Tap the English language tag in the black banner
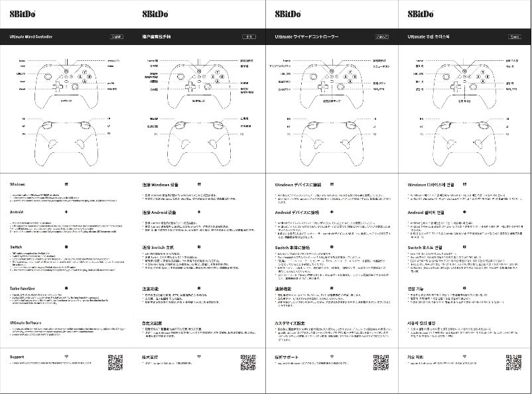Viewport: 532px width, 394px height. coord(116,38)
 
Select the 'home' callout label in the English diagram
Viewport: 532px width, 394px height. coord(22,60)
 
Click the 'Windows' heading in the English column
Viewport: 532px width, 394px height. coord(18,184)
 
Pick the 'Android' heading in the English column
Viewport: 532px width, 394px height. coord(18,213)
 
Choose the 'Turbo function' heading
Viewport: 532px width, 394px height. coord(23,289)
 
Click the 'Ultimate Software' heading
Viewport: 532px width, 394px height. coord(26,322)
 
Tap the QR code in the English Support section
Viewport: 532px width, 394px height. coord(115,362)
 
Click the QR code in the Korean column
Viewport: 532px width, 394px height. coord(513,362)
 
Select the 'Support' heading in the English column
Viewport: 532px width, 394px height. coord(18,356)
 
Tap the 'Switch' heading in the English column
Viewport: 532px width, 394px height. coord(17,246)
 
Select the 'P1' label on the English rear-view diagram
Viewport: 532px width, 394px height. coord(23,134)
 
